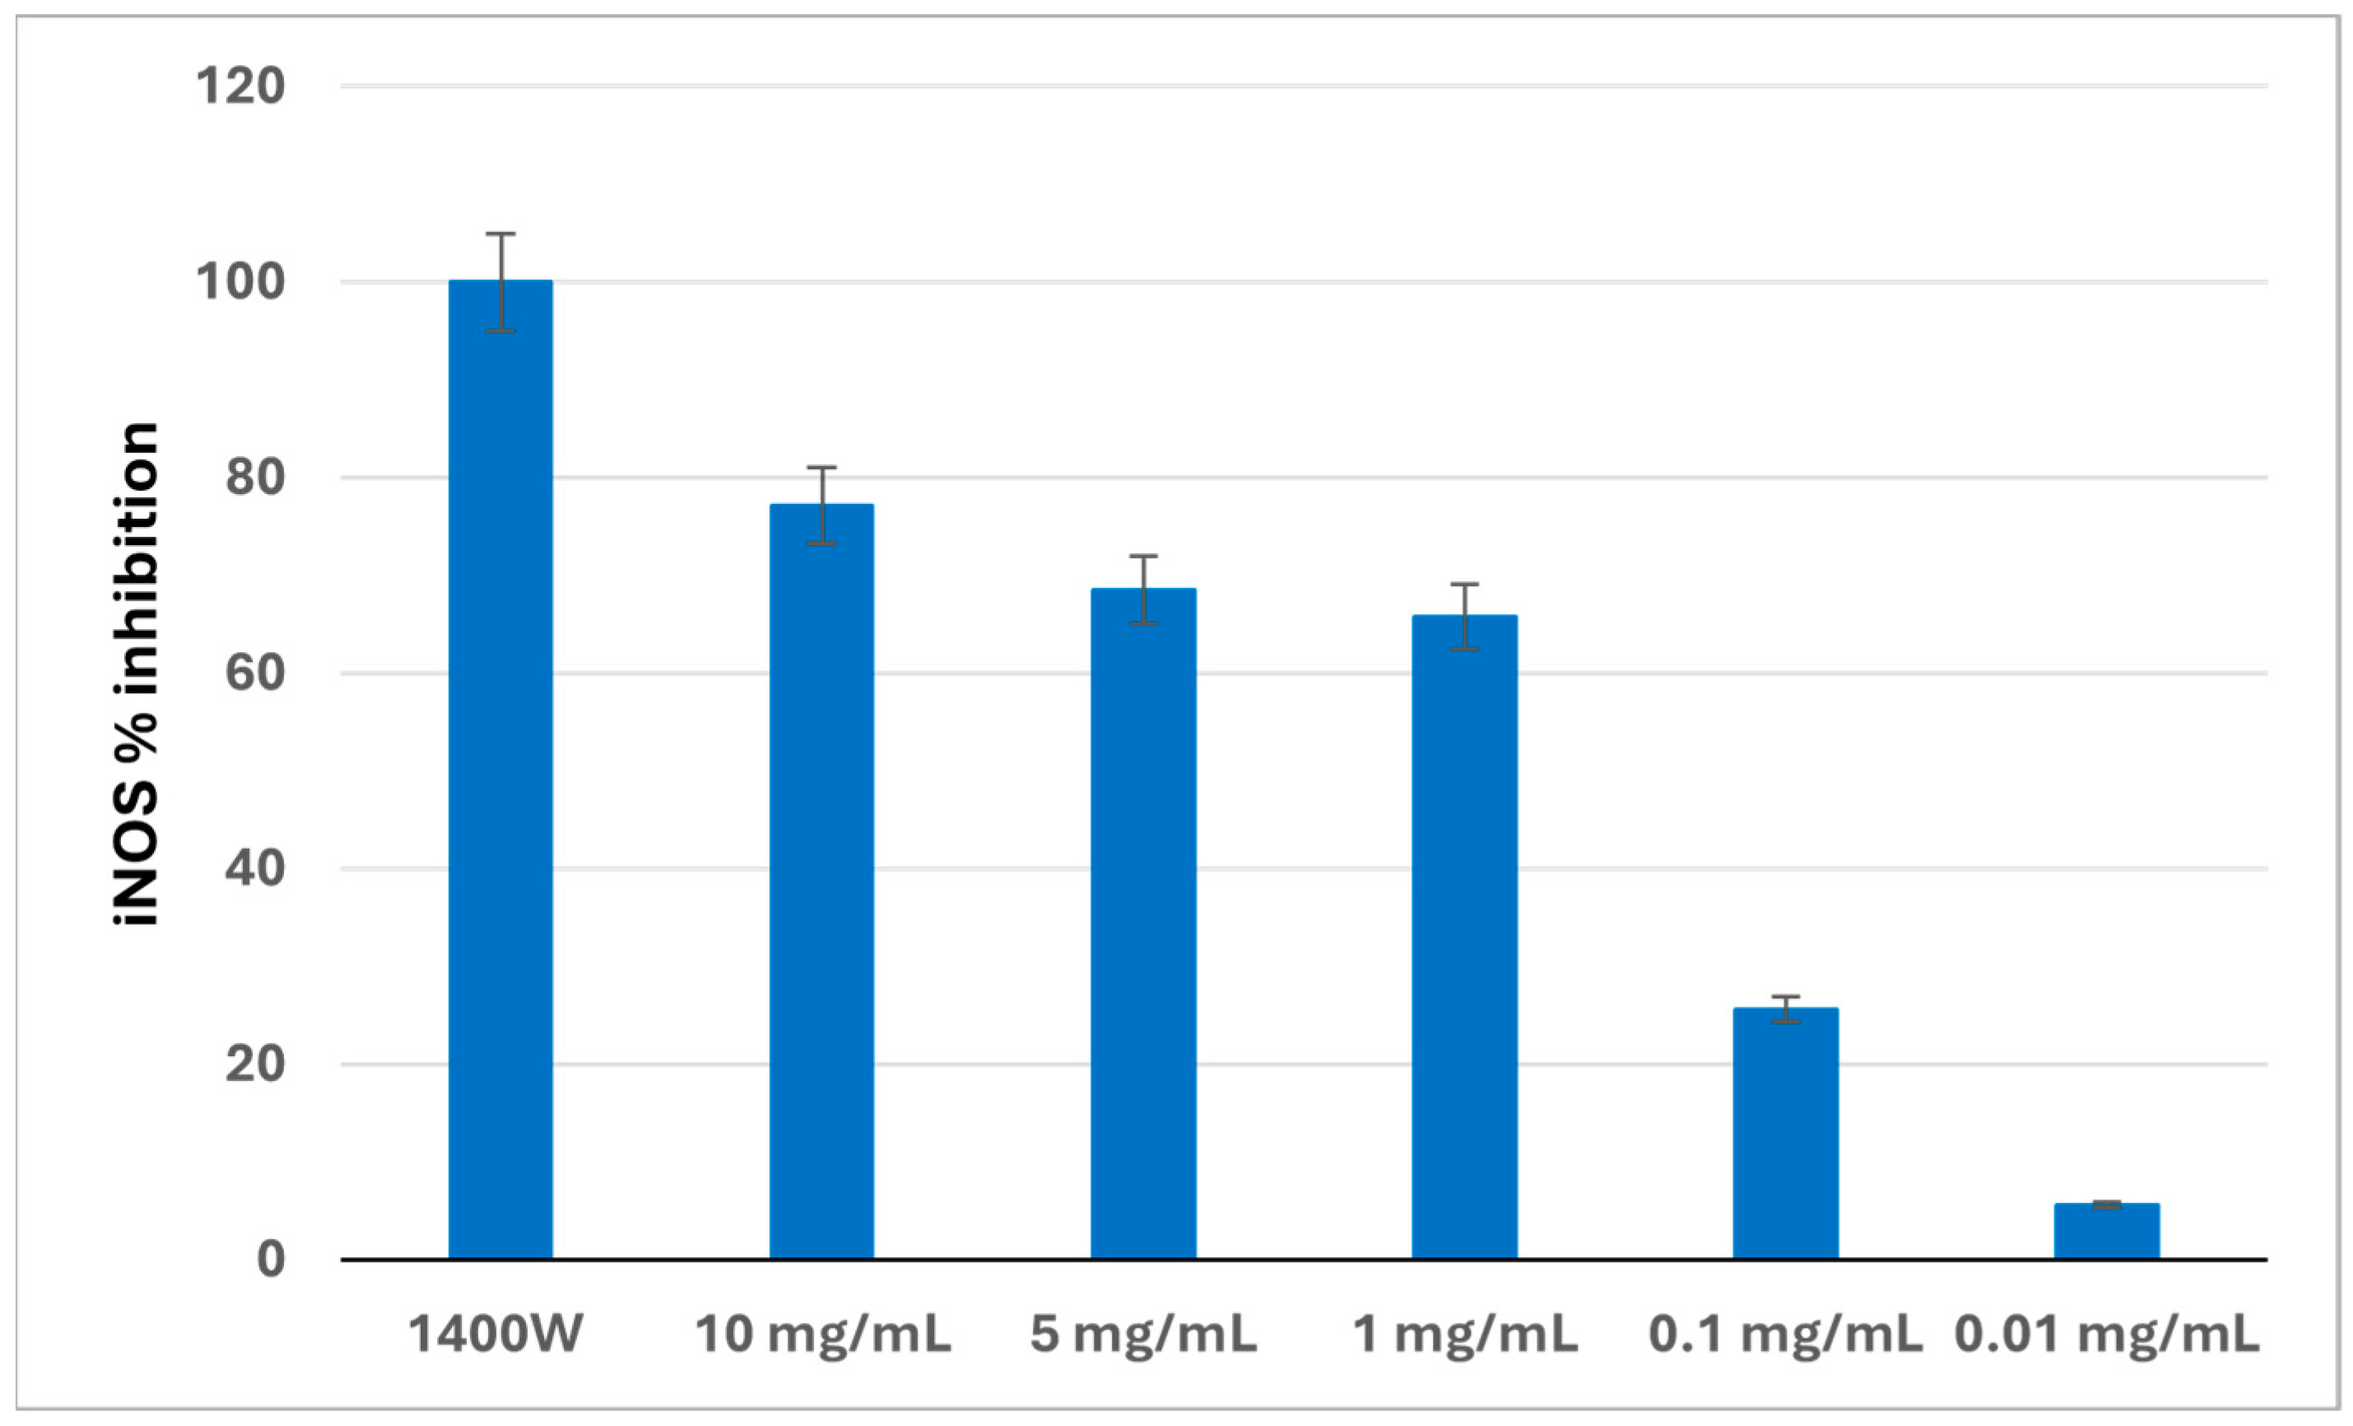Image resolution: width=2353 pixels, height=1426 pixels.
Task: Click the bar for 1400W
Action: (x=500, y=770)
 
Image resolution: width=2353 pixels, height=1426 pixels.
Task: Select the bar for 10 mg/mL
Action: (x=821, y=881)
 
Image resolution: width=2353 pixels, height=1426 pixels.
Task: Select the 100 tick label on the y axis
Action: (x=239, y=282)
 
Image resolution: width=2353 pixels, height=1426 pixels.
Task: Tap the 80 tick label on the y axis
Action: (x=255, y=478)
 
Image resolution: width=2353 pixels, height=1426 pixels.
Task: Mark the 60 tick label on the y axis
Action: (x=255, y=673)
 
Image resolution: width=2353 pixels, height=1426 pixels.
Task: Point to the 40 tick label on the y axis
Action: (x=255, y=869)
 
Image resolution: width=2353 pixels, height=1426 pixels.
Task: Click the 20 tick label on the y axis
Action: (x=255, y=1064)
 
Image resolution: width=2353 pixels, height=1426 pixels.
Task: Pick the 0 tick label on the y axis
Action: (x=270, y=1260)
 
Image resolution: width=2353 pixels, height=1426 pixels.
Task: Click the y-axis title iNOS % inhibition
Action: (x=137, y=673)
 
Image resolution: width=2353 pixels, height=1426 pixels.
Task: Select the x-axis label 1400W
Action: (x=495, y=1335)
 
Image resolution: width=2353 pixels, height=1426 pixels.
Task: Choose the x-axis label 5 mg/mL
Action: (x=1143, y=1335)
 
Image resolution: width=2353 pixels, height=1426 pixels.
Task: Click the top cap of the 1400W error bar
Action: (x=500, y=234)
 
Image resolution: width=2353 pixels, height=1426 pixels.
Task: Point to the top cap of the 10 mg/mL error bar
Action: (x=821, y=468)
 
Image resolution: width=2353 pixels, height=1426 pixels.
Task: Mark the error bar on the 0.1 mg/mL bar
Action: (x=1785, y=1009)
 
